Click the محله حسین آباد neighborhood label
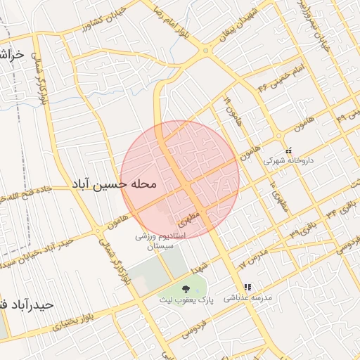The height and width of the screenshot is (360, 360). click(x=113, y=184)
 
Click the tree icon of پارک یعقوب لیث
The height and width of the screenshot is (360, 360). click(x=186, y=288)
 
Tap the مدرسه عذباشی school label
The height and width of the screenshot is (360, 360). click(x=246, y=298)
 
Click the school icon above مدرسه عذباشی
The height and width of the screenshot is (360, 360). click(x=247, y=287)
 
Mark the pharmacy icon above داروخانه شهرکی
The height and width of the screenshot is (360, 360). click(x=288, y=150)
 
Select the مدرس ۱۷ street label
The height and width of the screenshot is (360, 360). click(x=252, y=257)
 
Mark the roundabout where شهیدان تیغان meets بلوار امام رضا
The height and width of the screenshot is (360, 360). click(x=206, y=51)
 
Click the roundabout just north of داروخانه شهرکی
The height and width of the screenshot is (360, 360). click(x=279, y=136)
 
